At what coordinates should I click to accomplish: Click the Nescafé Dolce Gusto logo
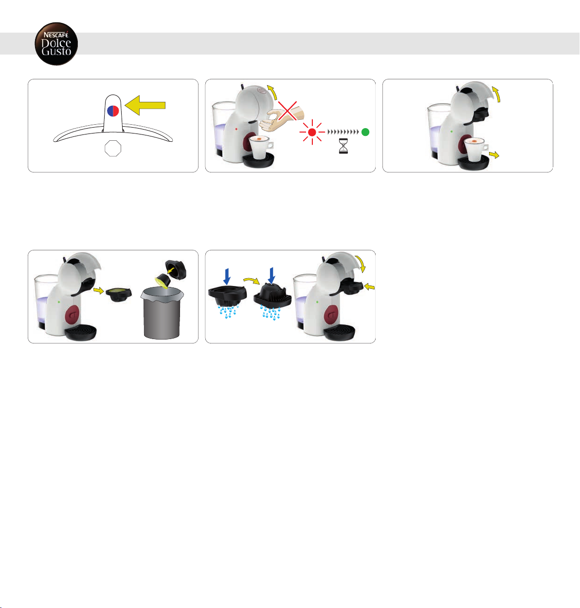tap(56, 44)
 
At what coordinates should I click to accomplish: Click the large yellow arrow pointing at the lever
tap(145, 105)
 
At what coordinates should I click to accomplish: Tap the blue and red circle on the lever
tap(113, 111)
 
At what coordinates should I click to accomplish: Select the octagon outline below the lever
tap(113, 148)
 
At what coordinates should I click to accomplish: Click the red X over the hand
tap(288, 111)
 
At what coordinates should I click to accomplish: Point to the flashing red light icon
tap(312, 132)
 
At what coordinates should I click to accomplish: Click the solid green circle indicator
tap(365, 132)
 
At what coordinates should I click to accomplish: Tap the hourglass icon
tap(343, 146)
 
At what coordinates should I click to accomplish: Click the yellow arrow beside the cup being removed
tap(494, 154)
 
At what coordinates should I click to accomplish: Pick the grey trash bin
tap(162, 313)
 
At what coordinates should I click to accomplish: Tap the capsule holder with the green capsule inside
tap(119, 294)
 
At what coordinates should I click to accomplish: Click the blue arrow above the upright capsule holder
tap(227, 276)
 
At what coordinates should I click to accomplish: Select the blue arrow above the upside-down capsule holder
tap(272, 276)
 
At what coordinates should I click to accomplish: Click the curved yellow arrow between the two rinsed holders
tap(252, 280)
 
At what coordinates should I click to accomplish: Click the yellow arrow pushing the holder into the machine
tap(369, 286)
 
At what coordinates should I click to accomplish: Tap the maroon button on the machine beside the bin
tap(72, 314)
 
